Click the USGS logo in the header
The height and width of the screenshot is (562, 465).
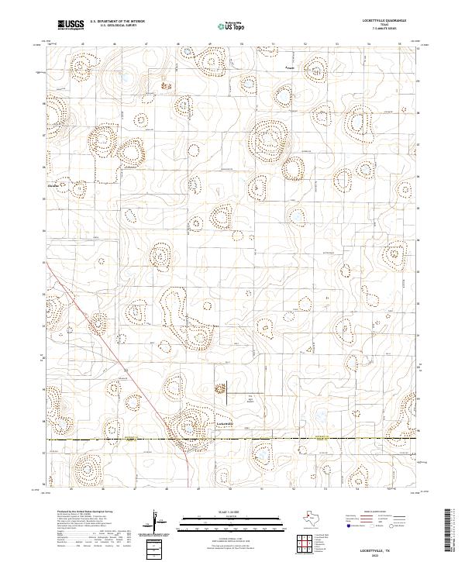pos(71,26)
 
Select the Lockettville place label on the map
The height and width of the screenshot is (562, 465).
pos(224,423)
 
